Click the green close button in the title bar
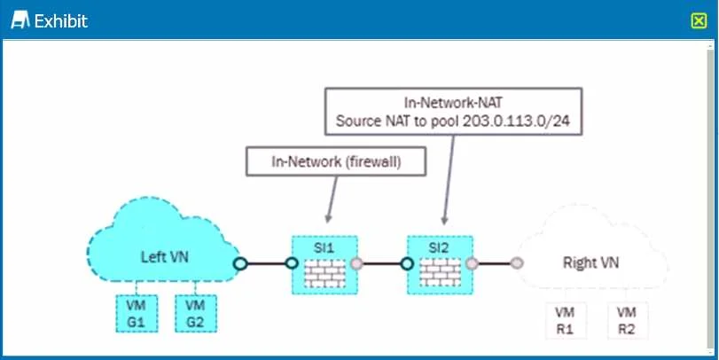point(699,20)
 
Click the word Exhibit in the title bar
point(61,21)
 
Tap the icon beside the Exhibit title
point(20,20)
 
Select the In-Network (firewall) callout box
point(336,161)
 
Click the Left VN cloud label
point(164,256)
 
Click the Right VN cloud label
point(590,262)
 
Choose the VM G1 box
point(137,313)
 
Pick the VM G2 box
point(196,313)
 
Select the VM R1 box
point(566,321)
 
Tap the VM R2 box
point(627,321)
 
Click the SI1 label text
point(324,248)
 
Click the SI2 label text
point(440,248)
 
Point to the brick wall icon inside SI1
point(324,273)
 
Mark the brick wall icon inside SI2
point(441,273)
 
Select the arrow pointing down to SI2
point(449,180)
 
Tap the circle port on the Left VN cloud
point(240,263)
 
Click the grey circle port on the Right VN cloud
point(517,263)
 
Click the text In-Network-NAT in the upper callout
point(453,102)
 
